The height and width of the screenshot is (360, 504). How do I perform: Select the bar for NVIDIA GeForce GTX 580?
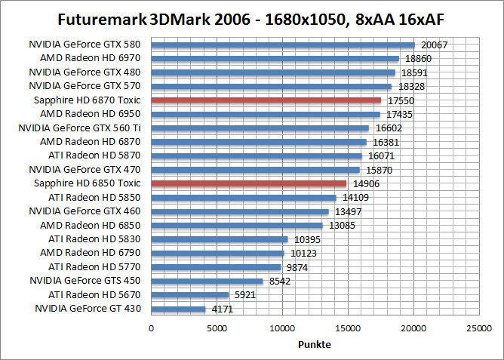tap(283, 45)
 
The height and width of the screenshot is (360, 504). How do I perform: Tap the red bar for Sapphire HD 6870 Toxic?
tap(266, 100)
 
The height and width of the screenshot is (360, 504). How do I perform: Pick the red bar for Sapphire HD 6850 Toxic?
tap(249, 183)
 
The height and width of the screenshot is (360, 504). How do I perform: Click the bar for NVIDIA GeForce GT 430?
tap(179, 309)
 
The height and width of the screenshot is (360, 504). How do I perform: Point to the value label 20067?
tap(434, 45)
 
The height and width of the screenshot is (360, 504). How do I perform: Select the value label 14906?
tap(367, 184)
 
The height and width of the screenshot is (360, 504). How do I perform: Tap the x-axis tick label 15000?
tap(348, 328)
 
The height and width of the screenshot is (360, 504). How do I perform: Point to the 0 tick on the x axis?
tap(152, 328)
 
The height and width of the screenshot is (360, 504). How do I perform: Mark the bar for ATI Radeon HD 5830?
tap(220, 239)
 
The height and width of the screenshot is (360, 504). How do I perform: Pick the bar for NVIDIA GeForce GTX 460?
tap(240, 211)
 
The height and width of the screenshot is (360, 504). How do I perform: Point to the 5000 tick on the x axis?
tap(217, 328)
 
